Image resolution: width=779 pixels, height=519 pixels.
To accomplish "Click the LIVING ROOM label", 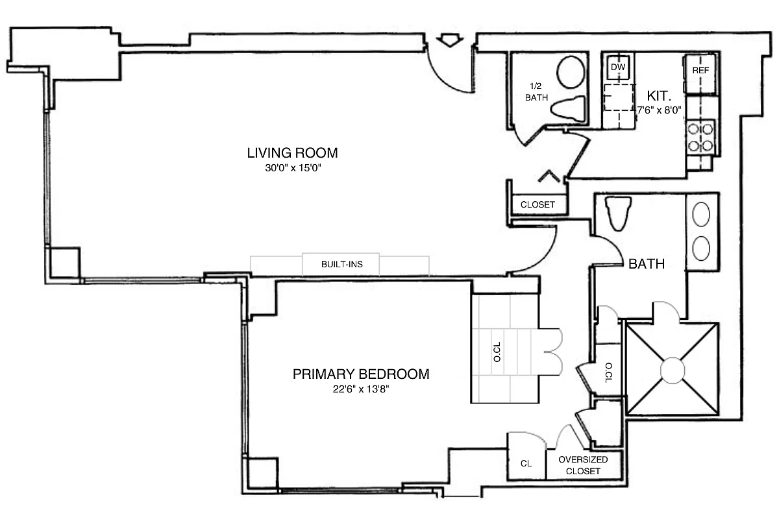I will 292,153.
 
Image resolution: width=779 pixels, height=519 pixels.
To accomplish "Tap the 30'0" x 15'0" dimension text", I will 292,168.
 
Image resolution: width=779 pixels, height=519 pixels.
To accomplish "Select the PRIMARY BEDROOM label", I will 361,374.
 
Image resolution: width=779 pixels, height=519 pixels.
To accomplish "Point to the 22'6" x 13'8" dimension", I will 361,389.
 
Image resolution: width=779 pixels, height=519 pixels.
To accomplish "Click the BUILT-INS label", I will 341,265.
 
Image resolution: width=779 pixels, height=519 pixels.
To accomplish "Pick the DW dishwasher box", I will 618,67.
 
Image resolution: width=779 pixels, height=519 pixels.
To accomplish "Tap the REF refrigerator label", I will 700,70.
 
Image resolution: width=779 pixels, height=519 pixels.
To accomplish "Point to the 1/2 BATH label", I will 537,91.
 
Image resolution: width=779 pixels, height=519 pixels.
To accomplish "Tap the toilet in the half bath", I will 567,106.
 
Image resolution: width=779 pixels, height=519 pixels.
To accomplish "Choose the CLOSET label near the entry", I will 538,204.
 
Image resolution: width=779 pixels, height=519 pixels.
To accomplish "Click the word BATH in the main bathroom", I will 646,264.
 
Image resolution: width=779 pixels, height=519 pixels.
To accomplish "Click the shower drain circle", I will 672,370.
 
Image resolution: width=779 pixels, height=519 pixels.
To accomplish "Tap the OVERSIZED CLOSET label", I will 583,465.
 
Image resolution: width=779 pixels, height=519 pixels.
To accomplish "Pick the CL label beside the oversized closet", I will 526,464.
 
